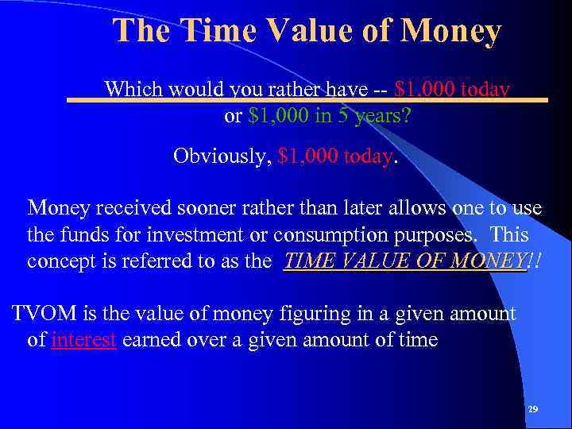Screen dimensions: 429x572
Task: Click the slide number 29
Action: pyautogui.click(x=532, y=409)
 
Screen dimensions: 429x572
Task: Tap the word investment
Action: pyautogui.click(x=190, y=236)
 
